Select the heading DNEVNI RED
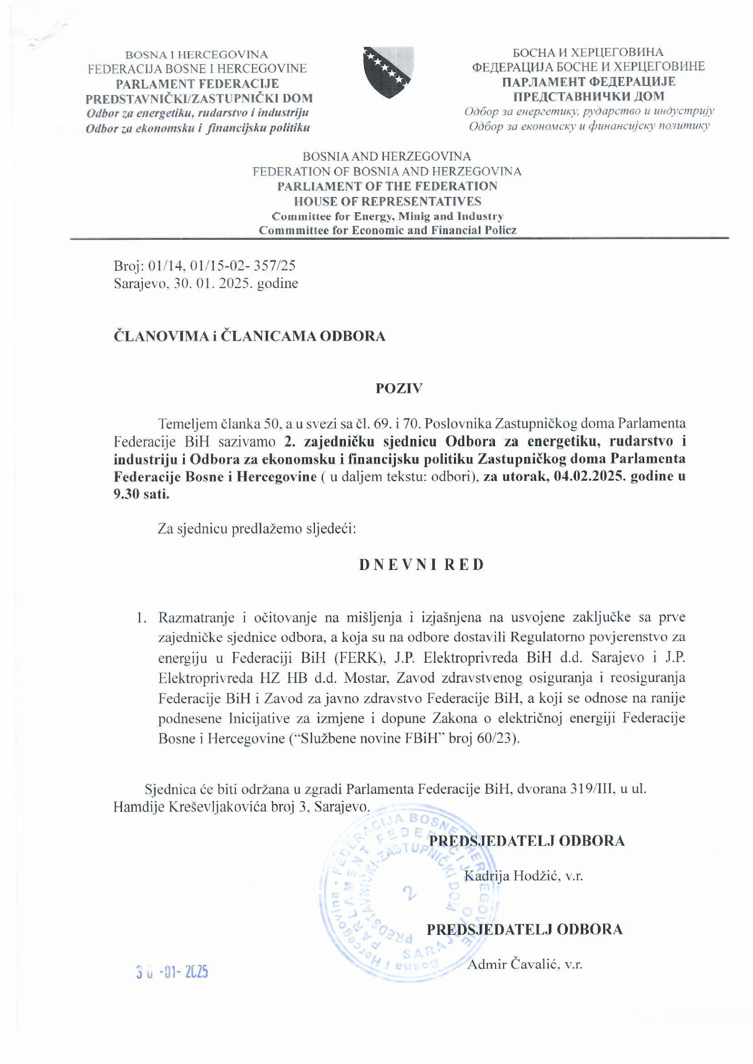point(422,565)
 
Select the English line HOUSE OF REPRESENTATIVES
point(388,201)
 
